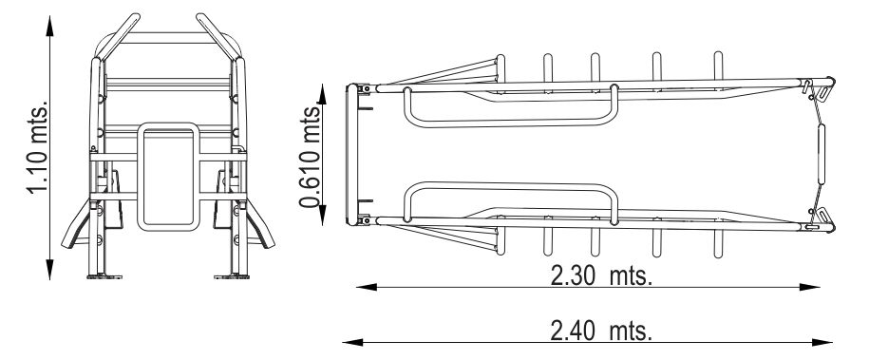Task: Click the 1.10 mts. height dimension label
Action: point(38,147)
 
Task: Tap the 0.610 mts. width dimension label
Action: point(310,157)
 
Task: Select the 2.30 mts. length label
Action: point(601,275)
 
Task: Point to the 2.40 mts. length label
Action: point(601,332)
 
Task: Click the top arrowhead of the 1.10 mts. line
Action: point(50,26)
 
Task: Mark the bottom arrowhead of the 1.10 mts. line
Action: point(50,270)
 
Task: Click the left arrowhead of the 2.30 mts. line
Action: point(367,287)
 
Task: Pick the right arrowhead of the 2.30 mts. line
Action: point(810,287)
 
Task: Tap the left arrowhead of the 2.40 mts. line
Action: point(353,342)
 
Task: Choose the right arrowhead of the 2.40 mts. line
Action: point(822,342)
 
